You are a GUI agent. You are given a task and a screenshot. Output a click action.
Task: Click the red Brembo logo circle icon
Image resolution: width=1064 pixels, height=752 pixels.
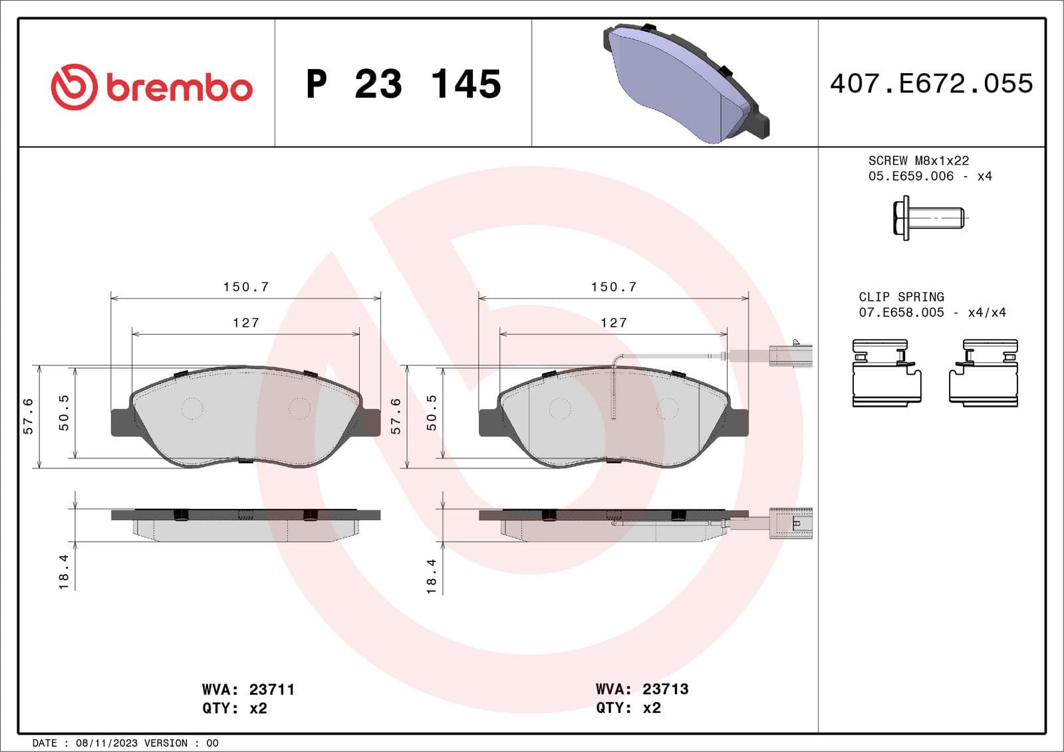pyautogui.click(x=74, y=87)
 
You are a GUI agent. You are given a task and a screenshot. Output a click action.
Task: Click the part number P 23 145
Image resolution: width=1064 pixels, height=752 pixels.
pyautogui.click(x=403, y=84)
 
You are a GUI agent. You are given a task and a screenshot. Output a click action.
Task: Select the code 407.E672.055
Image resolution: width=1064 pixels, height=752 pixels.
pyautogui.click(x=931, y=84)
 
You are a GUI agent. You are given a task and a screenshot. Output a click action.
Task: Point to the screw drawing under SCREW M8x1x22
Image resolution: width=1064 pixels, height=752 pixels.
pyautogui.click(x=928, y=218)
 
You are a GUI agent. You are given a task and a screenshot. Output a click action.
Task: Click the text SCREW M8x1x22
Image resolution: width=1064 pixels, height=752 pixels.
pyautogui.click(x=918, y=161)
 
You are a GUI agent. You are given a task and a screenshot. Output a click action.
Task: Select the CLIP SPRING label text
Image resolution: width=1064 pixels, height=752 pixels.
pyautogui.click(x=901, y=297)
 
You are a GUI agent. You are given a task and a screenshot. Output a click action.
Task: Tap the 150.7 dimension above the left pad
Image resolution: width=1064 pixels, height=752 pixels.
pyautogui.click(x=246, y=287)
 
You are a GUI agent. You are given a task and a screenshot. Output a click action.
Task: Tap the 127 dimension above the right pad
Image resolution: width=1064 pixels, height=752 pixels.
pyautogui.click(x=613, y=323)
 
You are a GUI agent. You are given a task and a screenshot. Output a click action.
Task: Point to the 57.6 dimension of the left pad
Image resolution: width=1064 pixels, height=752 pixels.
pyautogui.click(x=28, y=417)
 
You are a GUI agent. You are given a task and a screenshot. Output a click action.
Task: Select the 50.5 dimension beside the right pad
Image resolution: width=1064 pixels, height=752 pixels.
pyautogui.click(x=432, y=413)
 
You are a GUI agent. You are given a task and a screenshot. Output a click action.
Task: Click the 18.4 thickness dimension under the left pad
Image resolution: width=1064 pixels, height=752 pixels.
pyautogui.click(x=64, y=572)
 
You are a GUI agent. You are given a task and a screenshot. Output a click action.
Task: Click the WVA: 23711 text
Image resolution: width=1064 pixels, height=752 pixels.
pyautogui.click(x=248, y=690)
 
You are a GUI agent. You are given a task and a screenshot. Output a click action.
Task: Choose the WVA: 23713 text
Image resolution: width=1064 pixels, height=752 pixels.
pyautogui.click(x=642, y=689)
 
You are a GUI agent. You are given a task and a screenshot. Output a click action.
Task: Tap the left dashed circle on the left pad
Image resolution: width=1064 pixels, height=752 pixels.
pyautogui.click(x=192, y=409)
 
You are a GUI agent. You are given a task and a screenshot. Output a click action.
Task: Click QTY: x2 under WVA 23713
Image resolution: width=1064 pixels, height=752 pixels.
pyautogui.click(x=628, y=708)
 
